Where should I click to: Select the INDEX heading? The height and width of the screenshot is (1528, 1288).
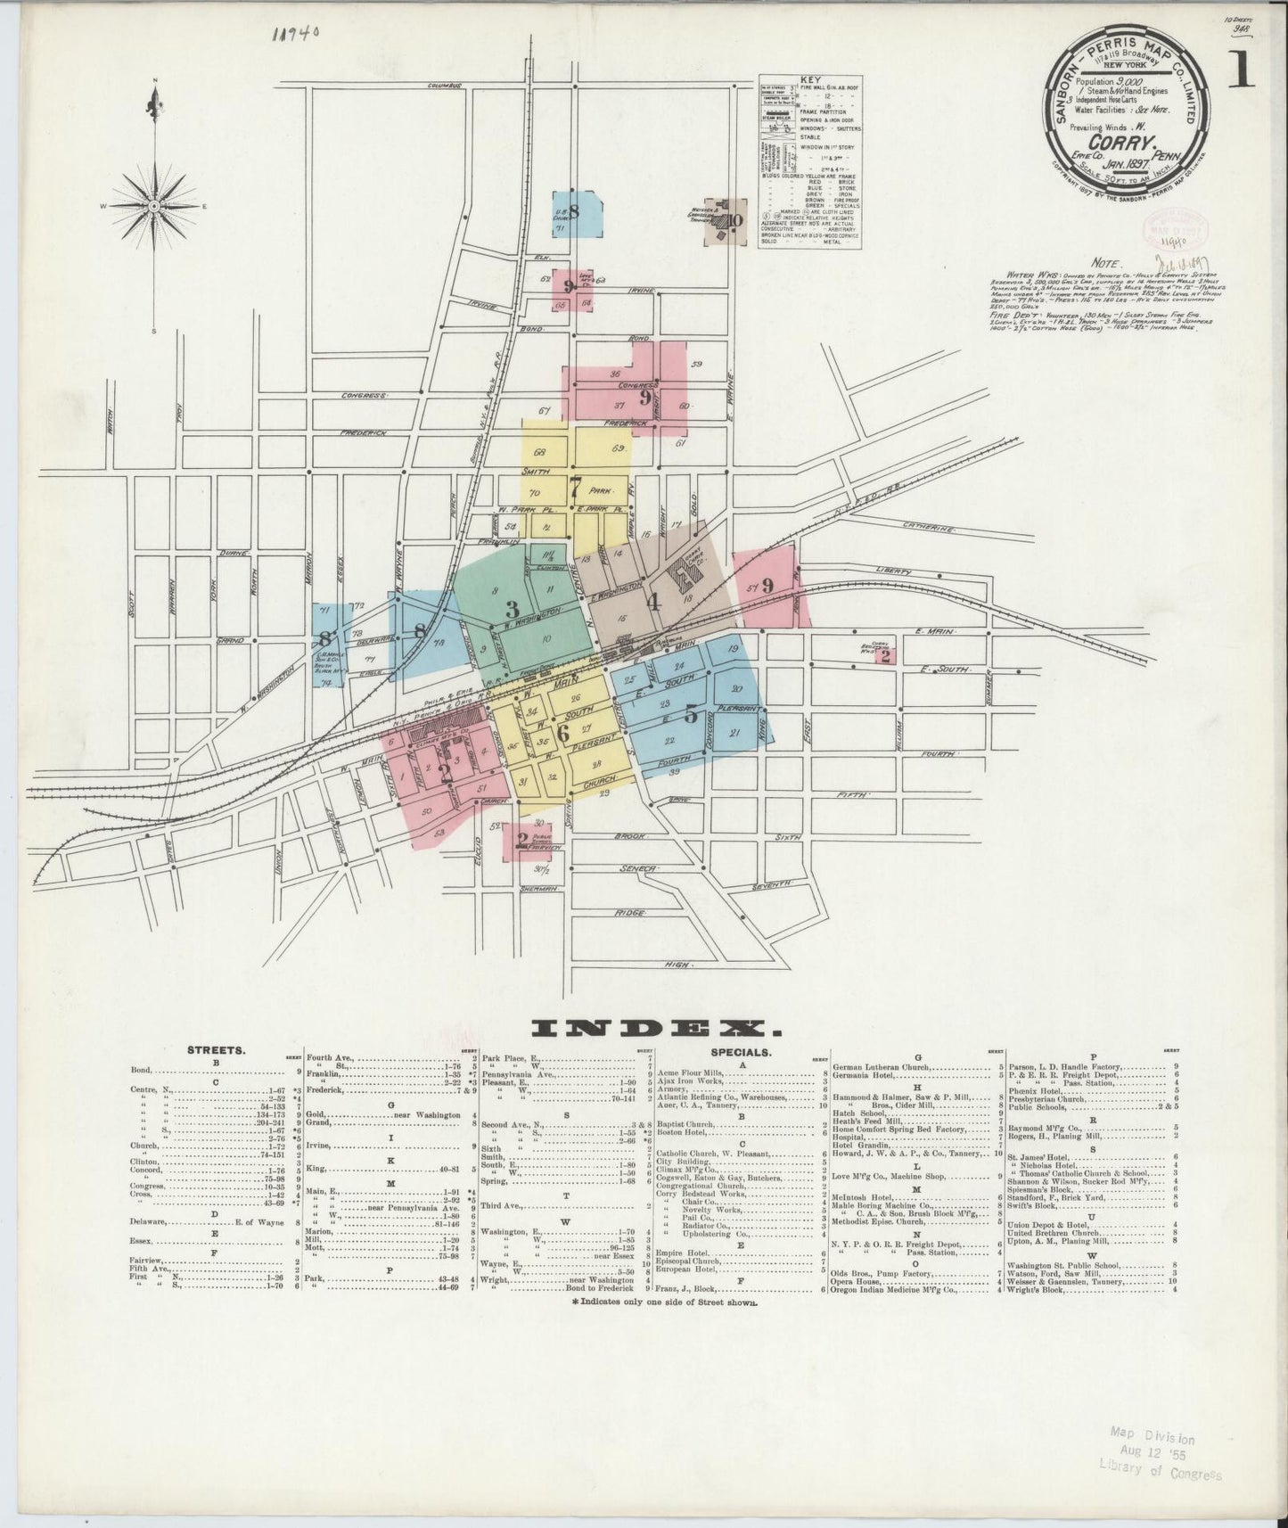coord(657,1029)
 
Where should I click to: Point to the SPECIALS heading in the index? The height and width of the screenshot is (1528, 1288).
coord(742,1051)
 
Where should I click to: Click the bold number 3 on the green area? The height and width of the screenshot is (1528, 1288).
coord(512,610)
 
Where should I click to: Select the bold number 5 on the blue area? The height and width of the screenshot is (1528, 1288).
coord(691,713)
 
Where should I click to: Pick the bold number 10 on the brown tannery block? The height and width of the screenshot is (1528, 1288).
coord(734,221)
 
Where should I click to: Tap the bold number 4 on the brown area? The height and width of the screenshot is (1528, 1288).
coord(653,601)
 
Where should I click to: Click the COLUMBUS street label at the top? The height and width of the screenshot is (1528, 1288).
coord(447,86)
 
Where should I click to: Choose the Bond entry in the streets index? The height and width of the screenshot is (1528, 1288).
coord(141,1070)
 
